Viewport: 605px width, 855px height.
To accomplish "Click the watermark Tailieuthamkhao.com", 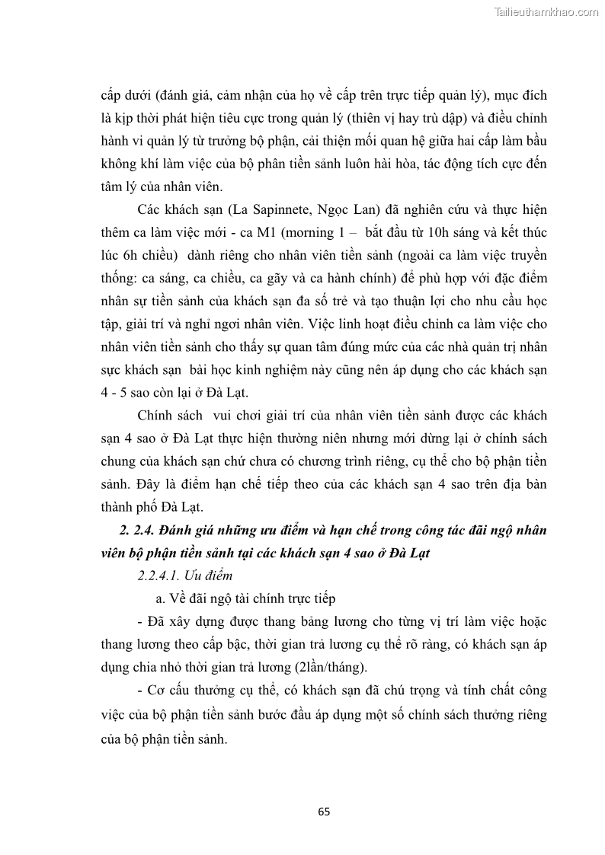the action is (x=547, y=11).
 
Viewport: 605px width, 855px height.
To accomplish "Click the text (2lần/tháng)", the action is (x=332, y=668).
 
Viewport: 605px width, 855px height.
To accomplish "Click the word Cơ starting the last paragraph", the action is (x=158, y=691).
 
